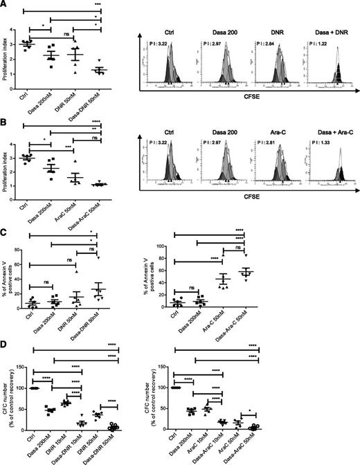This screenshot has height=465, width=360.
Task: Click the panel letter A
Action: (x=5, y=5)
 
